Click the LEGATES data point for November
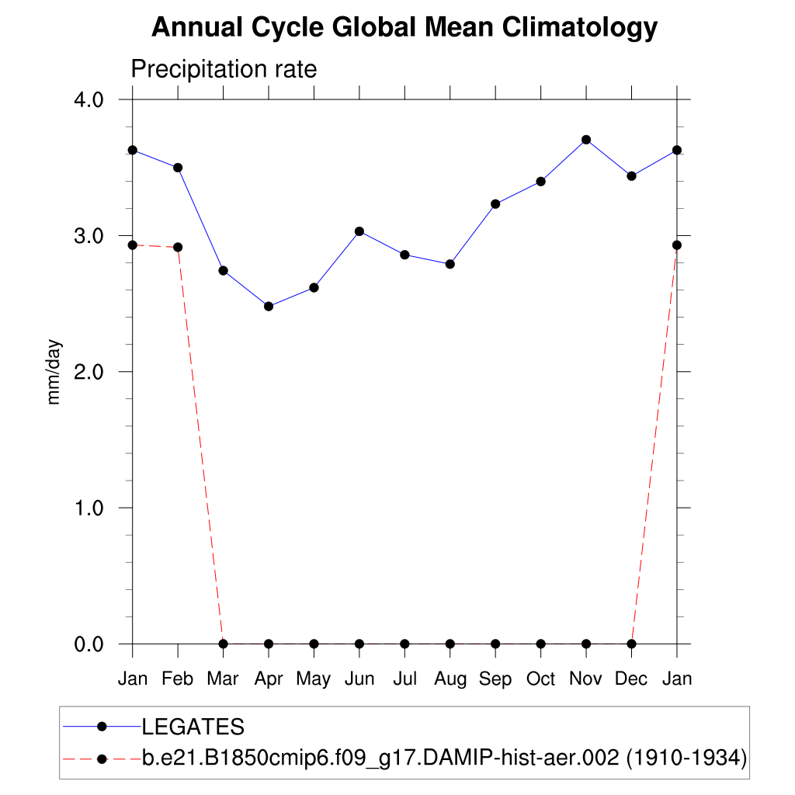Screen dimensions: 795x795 (586, 140)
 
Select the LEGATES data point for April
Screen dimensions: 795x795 (269, 306)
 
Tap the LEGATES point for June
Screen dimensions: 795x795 (359, 231)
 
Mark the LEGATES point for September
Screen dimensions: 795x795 (495, 203)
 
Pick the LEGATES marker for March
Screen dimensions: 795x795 (224, 270)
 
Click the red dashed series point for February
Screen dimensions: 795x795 (178, 247)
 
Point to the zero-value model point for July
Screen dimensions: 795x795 (404, 644)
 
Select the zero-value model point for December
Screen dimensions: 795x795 (631, 644)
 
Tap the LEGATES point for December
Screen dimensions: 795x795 (631, 176)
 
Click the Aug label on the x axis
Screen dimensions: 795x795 (450, 679)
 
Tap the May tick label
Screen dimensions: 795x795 (314, 679)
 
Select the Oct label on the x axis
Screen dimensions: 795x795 (540, 679)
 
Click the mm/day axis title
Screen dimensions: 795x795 (54, 372)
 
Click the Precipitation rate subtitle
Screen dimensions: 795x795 (224, 69)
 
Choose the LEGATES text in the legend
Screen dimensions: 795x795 (193, 727)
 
